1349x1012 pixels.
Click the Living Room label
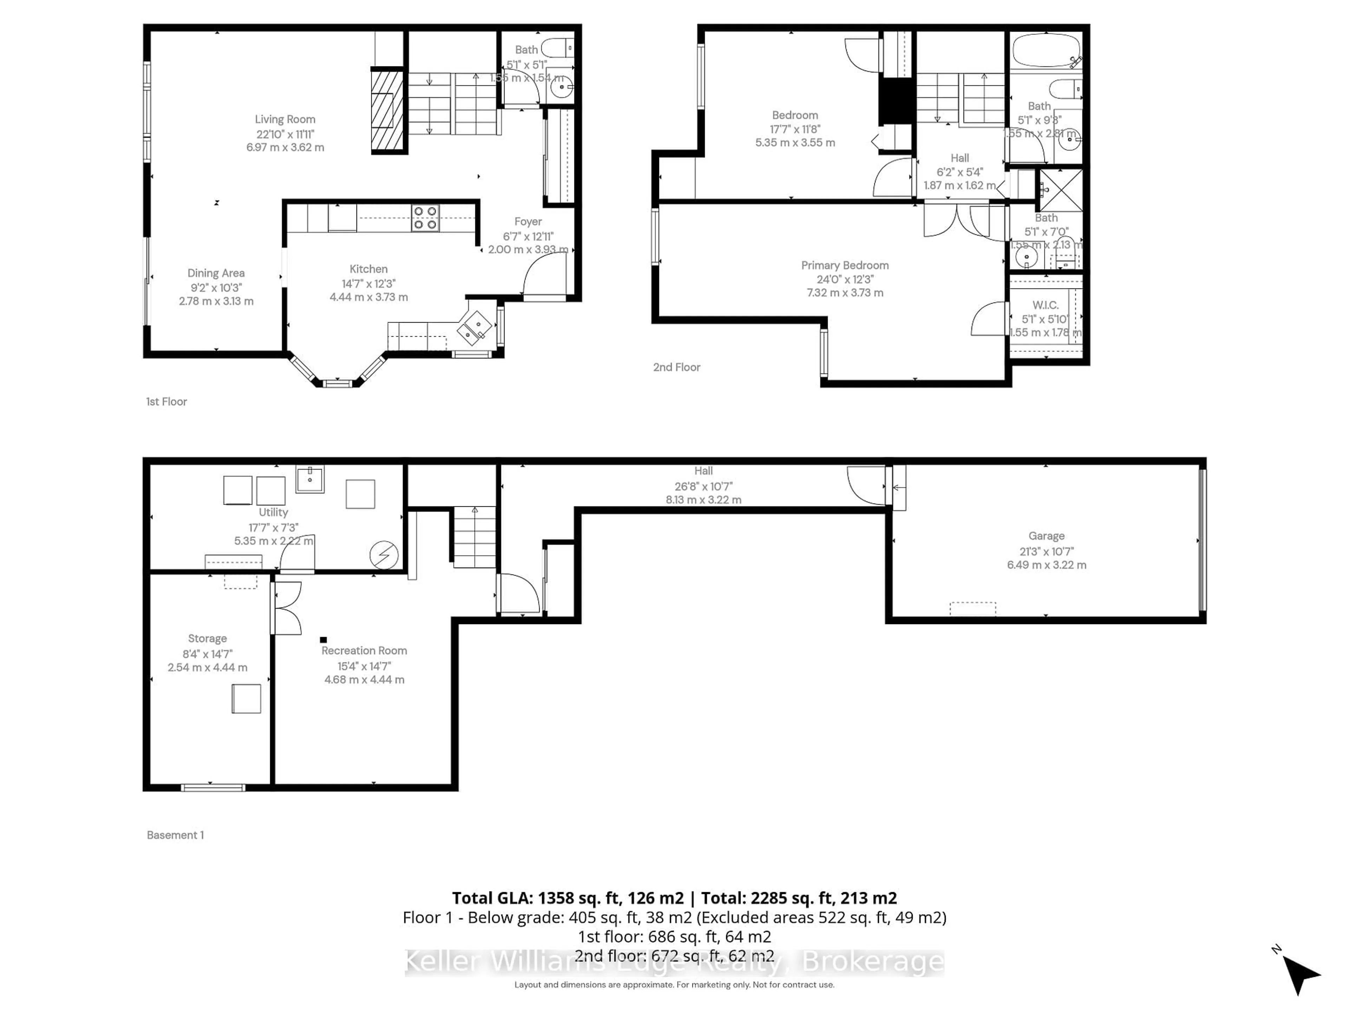[x=285, y=119]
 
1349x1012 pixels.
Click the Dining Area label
[x=216, y=273]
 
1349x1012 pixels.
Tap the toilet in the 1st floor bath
[x=558, y=47]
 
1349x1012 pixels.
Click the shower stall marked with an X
[x=1061, y=190]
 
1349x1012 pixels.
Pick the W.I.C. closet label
[x=1045, y=305]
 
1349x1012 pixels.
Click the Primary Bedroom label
[x=845, y=265]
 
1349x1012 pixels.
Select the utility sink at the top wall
[x=310, y=479]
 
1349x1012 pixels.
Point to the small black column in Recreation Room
[x=323, y=640]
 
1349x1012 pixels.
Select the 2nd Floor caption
[x=676, y=367]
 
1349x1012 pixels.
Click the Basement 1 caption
[x=175, y=835]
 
